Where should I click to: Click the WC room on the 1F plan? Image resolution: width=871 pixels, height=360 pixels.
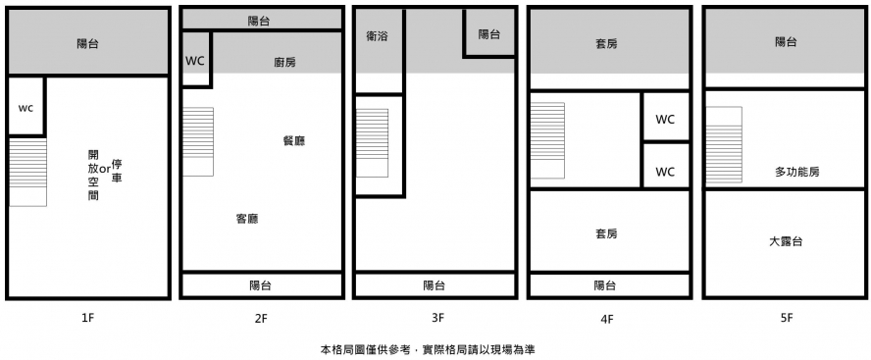26,106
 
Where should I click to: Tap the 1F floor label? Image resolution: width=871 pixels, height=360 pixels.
88,319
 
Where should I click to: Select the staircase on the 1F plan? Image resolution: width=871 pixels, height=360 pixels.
27,173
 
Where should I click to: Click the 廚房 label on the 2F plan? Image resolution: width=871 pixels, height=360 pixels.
285,62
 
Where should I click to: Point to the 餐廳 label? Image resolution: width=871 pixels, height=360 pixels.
294,141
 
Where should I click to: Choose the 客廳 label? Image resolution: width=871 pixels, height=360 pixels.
247,219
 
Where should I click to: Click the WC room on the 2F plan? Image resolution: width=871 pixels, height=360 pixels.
195,60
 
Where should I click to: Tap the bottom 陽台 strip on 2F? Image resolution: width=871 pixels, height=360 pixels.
261,285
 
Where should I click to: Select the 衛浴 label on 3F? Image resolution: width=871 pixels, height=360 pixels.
378,36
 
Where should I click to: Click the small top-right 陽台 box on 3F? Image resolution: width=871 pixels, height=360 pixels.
489,34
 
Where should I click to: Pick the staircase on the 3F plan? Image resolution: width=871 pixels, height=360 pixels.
372,143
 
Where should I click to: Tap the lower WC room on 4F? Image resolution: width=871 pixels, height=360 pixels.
665,166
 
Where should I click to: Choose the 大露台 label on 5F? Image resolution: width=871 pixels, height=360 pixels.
786,241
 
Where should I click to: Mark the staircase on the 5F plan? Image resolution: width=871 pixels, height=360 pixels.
724,144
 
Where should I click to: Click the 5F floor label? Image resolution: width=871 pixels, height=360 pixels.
786,319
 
